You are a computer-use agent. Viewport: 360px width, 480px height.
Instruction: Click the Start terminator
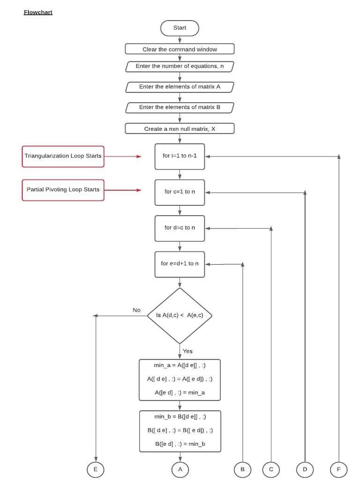click(180, 28)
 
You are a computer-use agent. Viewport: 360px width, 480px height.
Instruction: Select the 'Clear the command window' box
click(180, 49)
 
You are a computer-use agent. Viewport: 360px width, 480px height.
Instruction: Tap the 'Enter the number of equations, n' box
click(180, 67)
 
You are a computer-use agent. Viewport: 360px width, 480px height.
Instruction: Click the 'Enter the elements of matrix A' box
click(180, 87)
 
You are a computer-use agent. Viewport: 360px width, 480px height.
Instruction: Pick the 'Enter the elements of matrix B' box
click(180, 107)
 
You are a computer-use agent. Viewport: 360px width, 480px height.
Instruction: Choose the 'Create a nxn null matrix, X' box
click(180, 128)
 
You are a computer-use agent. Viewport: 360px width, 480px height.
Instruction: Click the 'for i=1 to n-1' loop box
click(180, 156)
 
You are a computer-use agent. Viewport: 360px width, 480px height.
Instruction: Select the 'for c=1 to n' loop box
click(180, 192)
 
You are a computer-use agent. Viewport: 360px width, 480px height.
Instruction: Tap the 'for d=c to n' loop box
click(180, 228)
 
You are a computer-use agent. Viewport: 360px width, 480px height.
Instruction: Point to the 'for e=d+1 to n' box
click(180, 264)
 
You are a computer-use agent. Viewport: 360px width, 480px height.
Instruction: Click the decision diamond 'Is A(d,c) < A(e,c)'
click(180, 315)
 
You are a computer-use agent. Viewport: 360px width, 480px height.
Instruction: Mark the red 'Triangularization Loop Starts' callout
click(63, 156)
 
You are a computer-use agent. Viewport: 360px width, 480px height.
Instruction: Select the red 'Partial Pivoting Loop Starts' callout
click(63, 190)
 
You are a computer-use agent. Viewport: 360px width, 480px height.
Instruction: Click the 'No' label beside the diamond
click(136, 310)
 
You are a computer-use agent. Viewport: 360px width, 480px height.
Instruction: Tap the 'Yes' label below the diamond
click(187, 351)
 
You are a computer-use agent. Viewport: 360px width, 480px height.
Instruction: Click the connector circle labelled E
click(96, 469)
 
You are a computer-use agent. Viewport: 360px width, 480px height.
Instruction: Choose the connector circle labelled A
click(180, 469)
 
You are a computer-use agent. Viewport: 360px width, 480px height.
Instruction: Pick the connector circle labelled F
click(338, 469)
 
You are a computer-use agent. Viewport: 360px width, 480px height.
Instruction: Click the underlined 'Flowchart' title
click(38, 12)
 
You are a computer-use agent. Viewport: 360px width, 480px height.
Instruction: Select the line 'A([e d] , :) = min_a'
click(180, 392)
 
